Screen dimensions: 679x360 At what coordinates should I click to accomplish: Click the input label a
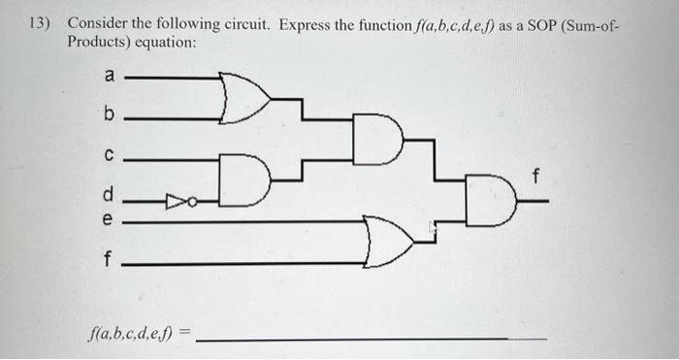(x=110, y=75)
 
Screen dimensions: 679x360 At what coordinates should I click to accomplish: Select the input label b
(x=109, y=116)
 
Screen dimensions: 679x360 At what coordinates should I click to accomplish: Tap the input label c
(x=109, y=154)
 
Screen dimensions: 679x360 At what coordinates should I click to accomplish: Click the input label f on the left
(x=109, y=260)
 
